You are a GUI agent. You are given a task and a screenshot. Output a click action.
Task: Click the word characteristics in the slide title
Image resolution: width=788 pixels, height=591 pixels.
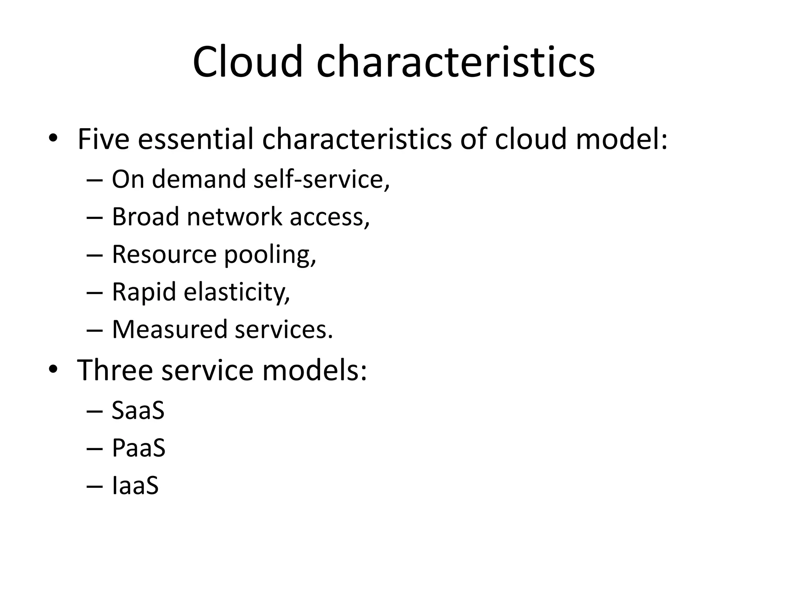pyautogui.click(x=456, y=62)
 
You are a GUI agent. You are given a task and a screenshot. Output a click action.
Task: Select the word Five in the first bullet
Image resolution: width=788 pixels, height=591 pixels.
pyautogui.click(x=103, y=139)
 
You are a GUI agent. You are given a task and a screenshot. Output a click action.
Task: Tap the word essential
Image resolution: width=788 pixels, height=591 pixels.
pyautogui.click(x=195, y=139)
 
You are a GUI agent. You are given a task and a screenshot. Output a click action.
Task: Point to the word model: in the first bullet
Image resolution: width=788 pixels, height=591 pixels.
pyautogui.click(x=622, y=139)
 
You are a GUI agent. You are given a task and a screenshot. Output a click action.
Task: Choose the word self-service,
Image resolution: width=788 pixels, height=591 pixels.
pyautogui.click(x=322, y=179)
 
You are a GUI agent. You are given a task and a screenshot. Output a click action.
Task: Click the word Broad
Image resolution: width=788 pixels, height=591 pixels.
pyautogui.click(x=145, y=217)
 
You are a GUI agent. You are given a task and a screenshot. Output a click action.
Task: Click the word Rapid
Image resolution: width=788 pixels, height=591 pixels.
pyautogui.click(x=144, y=292)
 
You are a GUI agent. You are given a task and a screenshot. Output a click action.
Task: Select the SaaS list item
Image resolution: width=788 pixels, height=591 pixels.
pyautogui.click(x=138, y=410)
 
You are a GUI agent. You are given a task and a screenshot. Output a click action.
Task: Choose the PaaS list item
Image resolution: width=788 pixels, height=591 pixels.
pyautogui.click(x=139, y=448)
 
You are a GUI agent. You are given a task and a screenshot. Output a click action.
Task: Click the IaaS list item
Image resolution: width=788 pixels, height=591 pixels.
pyautogui.click(x=135, y=485)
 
